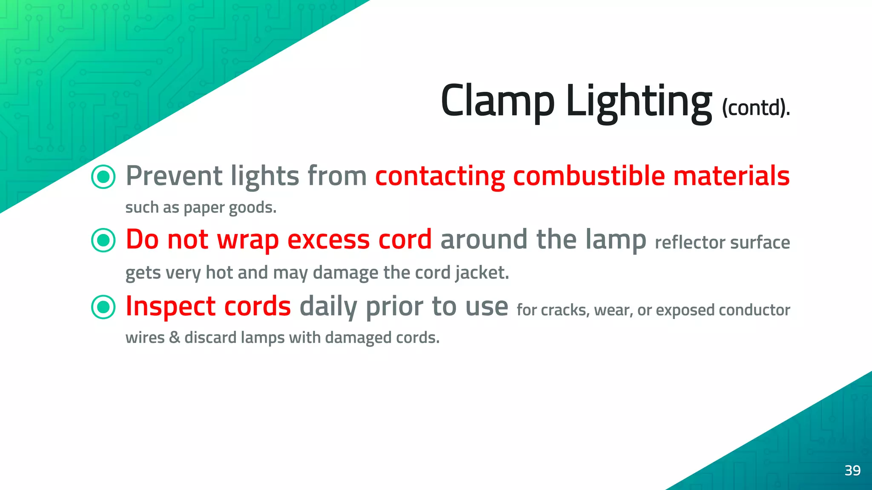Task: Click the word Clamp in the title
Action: coord(497,101)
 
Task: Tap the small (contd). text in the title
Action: coord(756,108)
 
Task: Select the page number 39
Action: coord(852,470)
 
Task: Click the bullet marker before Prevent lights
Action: coord(103,177)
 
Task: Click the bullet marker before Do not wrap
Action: coord(103,240)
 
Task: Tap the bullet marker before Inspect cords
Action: coord(103,307)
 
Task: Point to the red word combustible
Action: coord(588,176)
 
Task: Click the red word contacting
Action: coord(440,177)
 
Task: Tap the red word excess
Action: coord(329,240)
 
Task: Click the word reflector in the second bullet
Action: coord(690,242)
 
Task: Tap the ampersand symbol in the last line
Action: coord(175,337)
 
